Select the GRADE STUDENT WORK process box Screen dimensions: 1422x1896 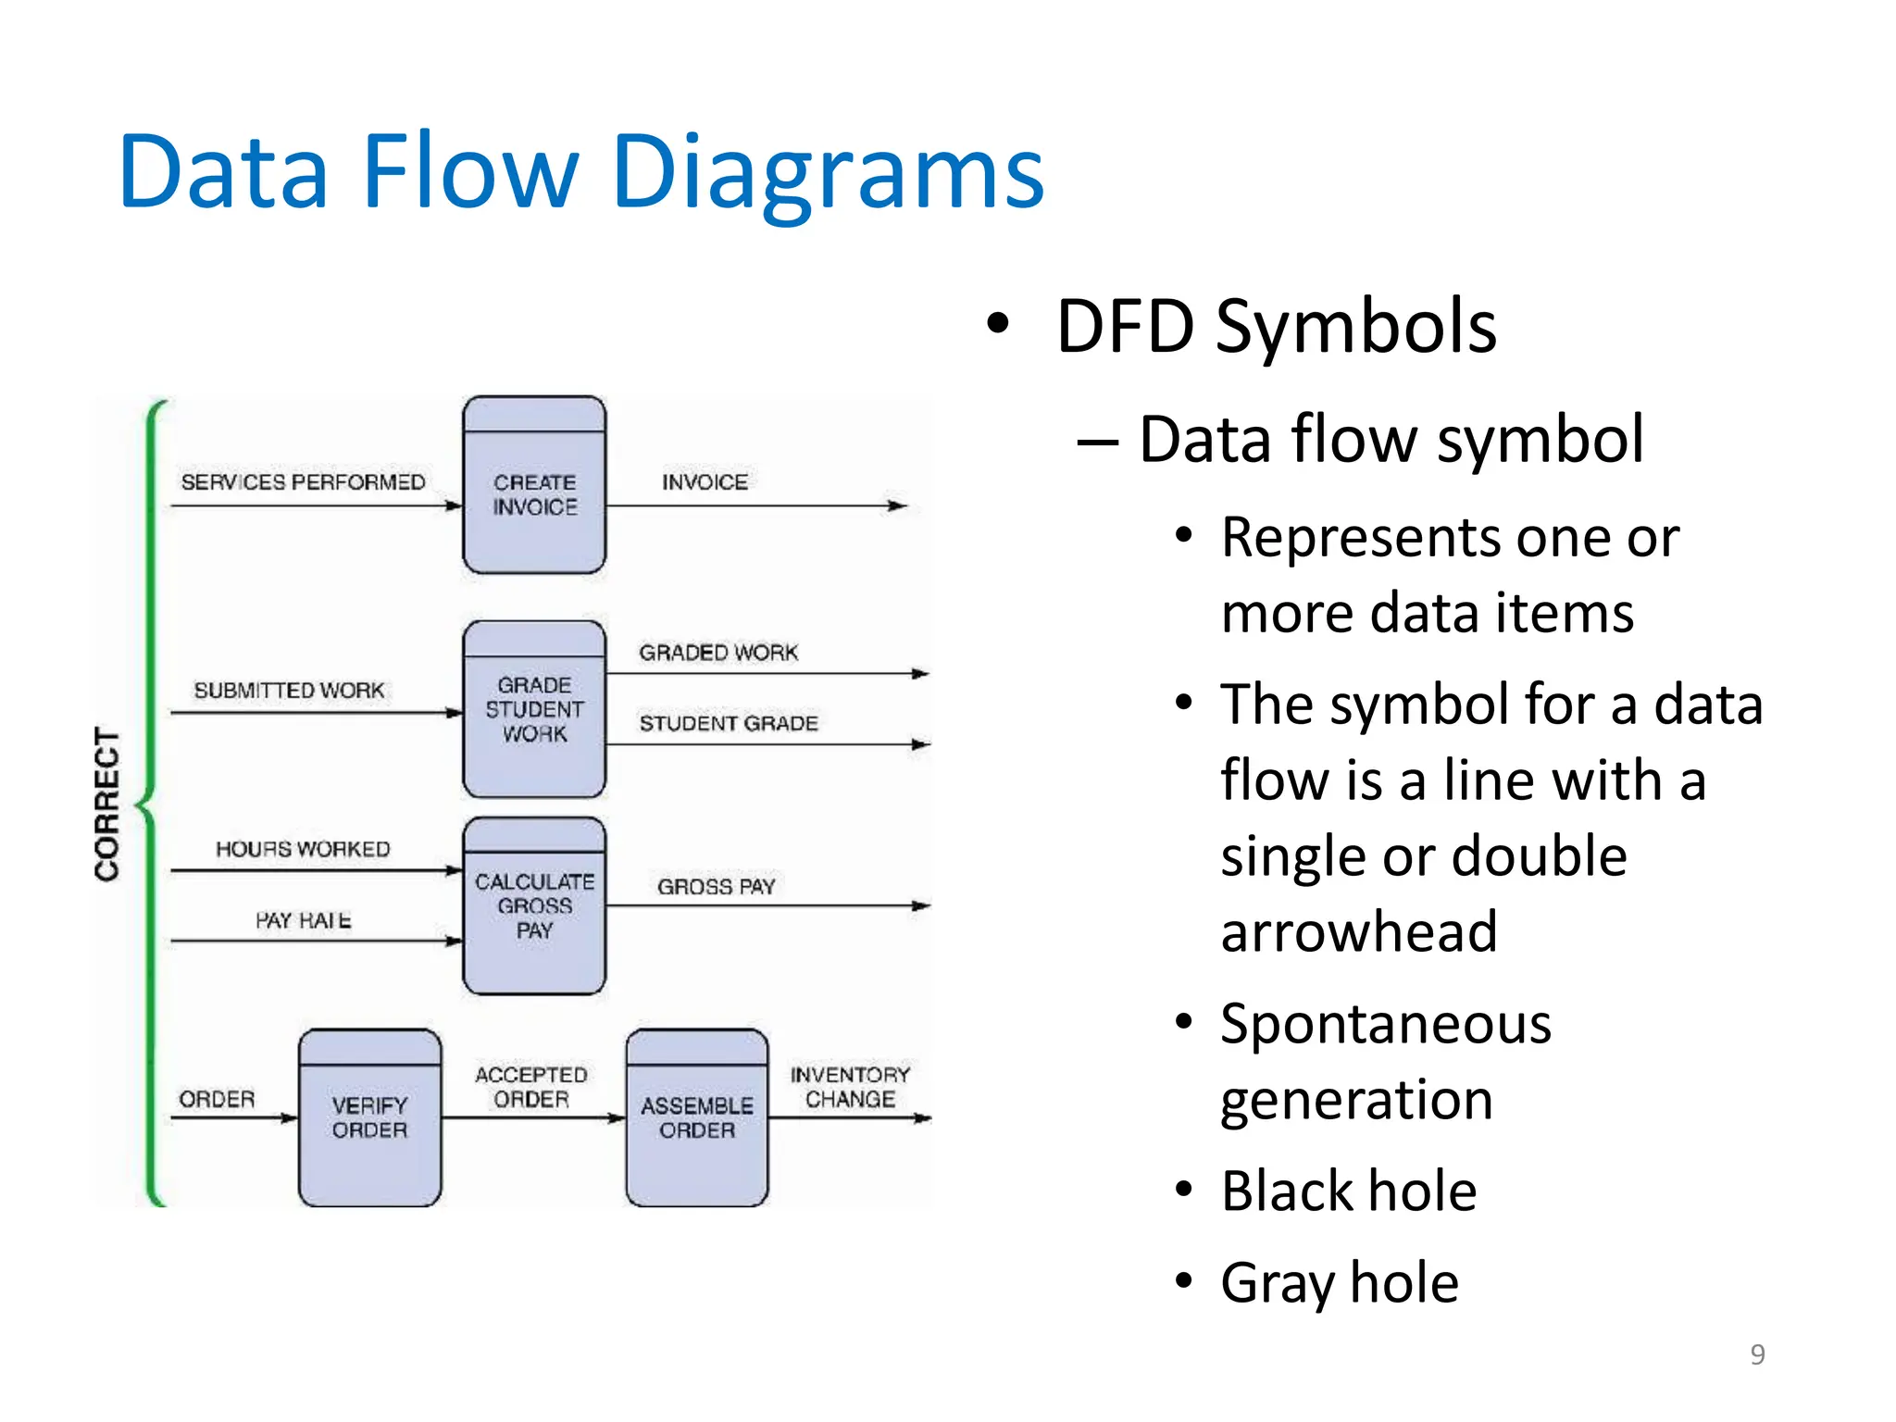[534, 710]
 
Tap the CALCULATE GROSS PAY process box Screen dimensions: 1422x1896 [534, 906]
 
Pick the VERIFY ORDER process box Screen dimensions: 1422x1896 [369, 1118]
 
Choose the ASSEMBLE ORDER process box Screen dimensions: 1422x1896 [697, 1118]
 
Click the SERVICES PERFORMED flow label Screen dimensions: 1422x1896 [303, 482]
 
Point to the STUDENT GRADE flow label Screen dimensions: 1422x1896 [729, 723]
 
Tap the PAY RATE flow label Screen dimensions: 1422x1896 [303, 920]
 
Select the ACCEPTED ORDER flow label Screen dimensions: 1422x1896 [531, 1087]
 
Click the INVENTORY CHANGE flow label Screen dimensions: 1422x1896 [850, 1087]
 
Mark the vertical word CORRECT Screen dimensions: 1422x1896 [107, 804]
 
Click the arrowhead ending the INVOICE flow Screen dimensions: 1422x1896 [897, 505]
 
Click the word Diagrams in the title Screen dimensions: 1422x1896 [828, 173]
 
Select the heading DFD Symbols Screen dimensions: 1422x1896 [1276, 327]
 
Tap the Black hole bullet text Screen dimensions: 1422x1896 [1348, 1191]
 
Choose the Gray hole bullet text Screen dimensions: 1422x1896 [1339, 1283]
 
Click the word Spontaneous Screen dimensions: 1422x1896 [1385, 1025]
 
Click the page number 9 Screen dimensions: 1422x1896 [1757, 1354]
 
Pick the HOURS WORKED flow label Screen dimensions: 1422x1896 [303, 849]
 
